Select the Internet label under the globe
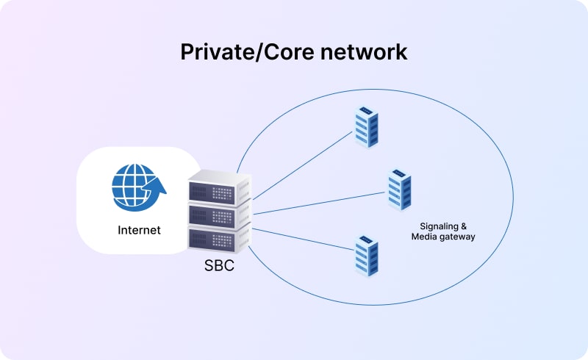coord(139,230)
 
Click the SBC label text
coord(219,266)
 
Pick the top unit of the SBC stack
coord(219,189)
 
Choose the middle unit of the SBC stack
coord(219,214)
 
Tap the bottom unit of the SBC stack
coord(219,239)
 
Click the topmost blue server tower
coord(365,126)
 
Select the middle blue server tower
coord(399,190)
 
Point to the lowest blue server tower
coord(365,255)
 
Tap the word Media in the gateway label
coord(424,237)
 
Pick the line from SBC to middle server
coord(320,204)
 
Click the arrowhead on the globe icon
coord(159,189)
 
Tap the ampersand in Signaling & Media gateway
coord(462,226)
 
